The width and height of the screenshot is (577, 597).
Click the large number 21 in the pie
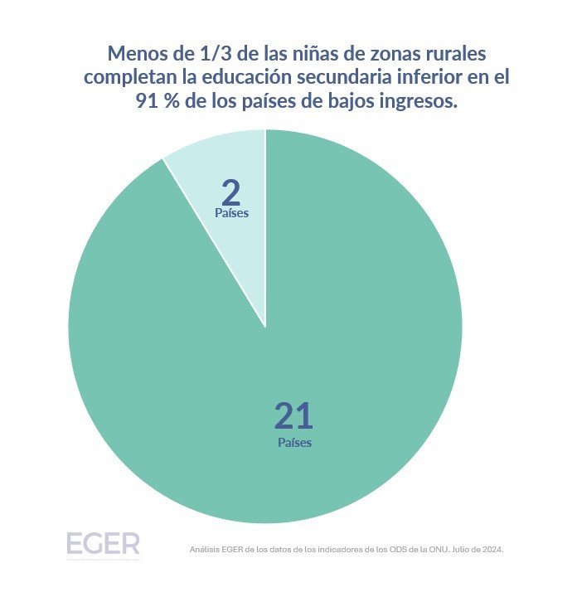click(x=293, y=415)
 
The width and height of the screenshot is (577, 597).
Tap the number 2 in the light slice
click(x=231, y=192)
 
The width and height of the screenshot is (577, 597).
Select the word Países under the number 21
click(x=294, y=443)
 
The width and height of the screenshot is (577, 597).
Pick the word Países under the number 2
click(x=231, y=213)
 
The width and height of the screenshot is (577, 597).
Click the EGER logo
click(x=103, y=544)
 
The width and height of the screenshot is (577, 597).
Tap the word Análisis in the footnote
click(x=205, y=550)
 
